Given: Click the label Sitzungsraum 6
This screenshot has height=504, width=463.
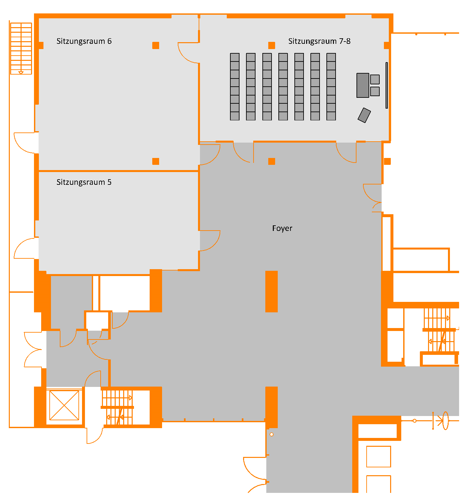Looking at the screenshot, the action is pyautogui.click(x=84, y=41).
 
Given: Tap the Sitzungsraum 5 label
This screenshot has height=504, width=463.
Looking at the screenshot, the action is pyautogui.click(x=84, y=182).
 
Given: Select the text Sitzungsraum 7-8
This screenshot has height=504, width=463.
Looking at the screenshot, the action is pyautogui.click(x=319, y=41).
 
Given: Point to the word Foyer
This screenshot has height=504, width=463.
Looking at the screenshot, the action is pyautogui.click(x=282, y=228).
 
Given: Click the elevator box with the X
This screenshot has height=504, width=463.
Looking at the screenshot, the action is pyautogui.click(x=64, y=406).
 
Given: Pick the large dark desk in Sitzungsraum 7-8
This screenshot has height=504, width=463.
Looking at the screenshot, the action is pyautogui.click(x=363, y=85).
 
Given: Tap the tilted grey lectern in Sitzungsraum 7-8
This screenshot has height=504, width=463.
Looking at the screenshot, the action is pyautogui.click(x=364, y=115).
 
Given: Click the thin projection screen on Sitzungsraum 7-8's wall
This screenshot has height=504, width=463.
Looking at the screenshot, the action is pyautogui.click(x=387, y=85).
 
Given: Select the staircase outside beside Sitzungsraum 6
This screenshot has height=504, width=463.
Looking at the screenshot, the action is pyautogui.click(x=21, y=48).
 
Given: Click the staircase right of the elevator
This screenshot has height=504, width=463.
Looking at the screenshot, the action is pyautogui.click(x=117, y=407).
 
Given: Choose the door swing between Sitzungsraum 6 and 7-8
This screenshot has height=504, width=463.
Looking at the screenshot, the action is pyautogui.click(x=189, y=52).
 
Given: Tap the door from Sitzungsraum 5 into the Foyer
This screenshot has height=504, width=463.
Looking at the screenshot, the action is pyautogui.click(x=209, y=241).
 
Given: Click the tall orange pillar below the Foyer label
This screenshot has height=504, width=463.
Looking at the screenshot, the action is pyautogui.click(x=272, y=291).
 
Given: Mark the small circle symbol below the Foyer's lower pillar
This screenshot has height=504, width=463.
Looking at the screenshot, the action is pyautogui.click(x=272, y=435).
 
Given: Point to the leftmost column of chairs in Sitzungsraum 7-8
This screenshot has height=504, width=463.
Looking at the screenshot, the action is pyautogui.click(x=235, y=87).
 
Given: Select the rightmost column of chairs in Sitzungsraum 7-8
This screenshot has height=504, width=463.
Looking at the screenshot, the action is pyautogui.click(x=331, y=87).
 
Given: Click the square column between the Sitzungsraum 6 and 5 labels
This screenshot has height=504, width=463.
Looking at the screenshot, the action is pyautogui.click(x=156, y=161).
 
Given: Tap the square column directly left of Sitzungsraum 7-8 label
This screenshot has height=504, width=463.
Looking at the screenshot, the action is pyautogui.click(x=272, y=45).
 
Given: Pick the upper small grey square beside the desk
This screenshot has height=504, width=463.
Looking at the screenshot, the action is pyautogui.click(x=375, y=79).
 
